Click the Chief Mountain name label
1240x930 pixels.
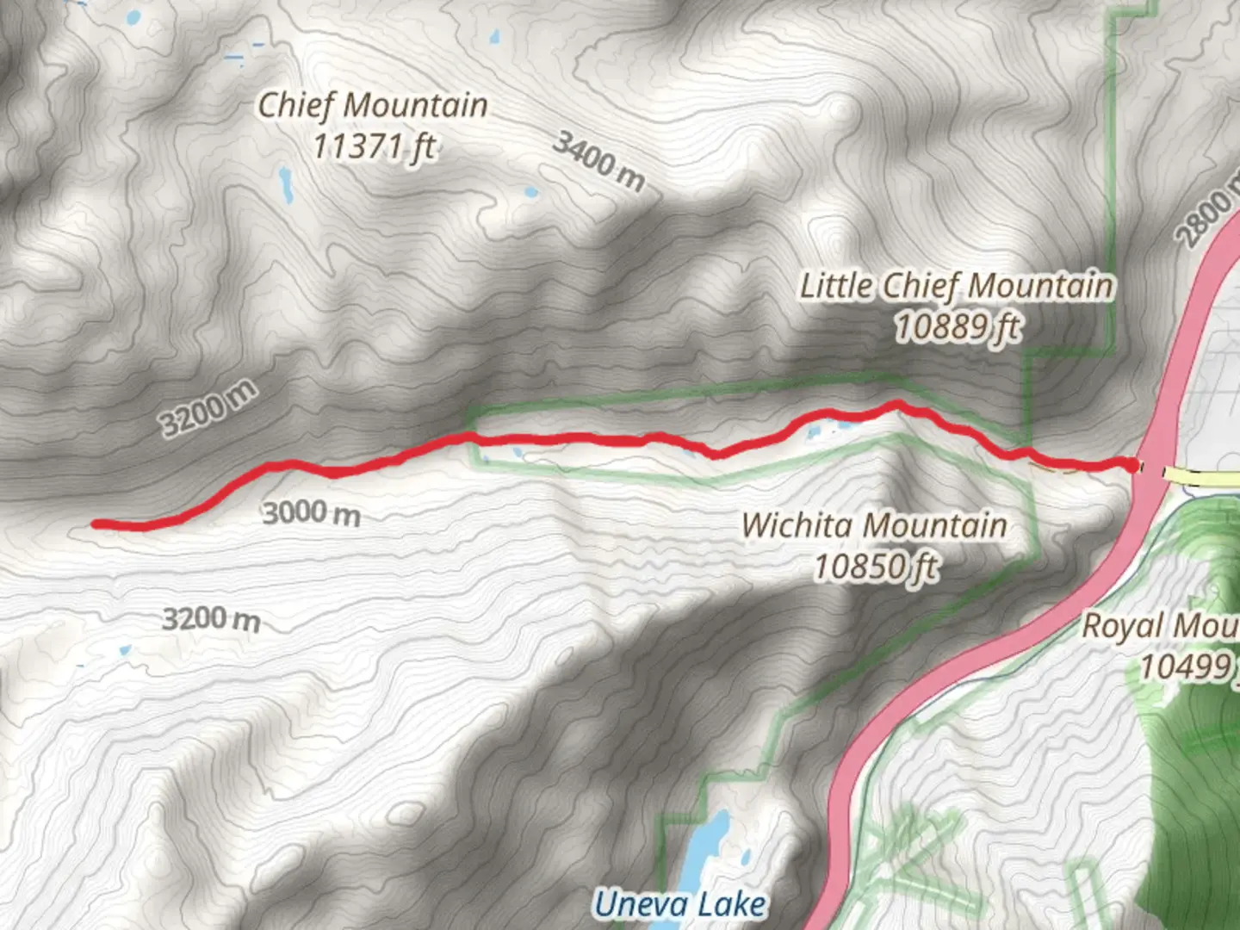pyautogui.click(x=373, y=106)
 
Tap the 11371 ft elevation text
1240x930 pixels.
pyautogui.click(x=373, y=147)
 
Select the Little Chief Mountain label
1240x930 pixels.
pyautogui.click(x=957, y=286)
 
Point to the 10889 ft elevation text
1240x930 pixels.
pyautogui.click(x=958, y=327)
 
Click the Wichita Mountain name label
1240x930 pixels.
pyautogui.click(x=874, y=525)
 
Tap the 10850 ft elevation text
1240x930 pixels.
pyautogui.click(x=875, y=567)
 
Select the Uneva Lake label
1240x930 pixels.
pyautogui.click(x=679, y=904)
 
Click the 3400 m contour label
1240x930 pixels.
pyautogui.click(x=598, y=161)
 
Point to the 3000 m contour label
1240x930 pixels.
pyautogui.click(x=311, y=514)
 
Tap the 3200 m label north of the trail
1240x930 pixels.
pyautogui.click(x=208, y=407)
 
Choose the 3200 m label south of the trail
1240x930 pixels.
pyautogui.click(x=211, y=618)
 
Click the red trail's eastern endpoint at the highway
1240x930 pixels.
pyautogui.click(x=1131, y=466)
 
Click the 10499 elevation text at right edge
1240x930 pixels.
pyautogui.click(x=1187, y=666)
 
